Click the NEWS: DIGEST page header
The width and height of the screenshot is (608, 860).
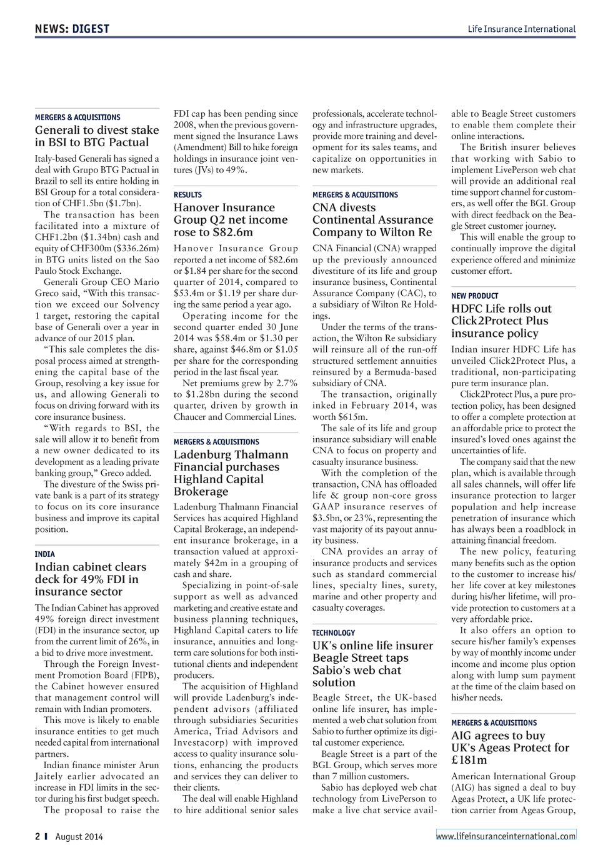(72, 29)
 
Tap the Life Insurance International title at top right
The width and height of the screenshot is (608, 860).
(521, 29)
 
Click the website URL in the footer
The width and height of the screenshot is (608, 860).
(506, 836)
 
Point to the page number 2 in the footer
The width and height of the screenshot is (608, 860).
(37, 836)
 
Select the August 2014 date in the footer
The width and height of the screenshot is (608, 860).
(79, 836)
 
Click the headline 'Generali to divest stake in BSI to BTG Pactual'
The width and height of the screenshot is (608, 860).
(97, 136)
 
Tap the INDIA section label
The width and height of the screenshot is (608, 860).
(45, 554)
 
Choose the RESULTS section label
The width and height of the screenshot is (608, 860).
(187, 194)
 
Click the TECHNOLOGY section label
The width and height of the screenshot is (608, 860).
(334, 632)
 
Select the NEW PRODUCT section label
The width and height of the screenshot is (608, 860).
(475, 296)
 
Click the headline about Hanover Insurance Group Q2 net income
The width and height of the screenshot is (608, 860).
(231, 220)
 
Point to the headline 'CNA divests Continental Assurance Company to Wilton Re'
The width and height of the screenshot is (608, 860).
(372, 220)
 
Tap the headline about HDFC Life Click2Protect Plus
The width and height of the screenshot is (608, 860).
(501, 321)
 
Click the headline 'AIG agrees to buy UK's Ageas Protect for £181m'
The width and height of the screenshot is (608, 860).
(510, 747)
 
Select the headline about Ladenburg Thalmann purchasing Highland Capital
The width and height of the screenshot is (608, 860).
(231, 472)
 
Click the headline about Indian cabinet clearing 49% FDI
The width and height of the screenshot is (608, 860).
(90, 579)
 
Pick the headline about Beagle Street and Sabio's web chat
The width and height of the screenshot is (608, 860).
(372, 664)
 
